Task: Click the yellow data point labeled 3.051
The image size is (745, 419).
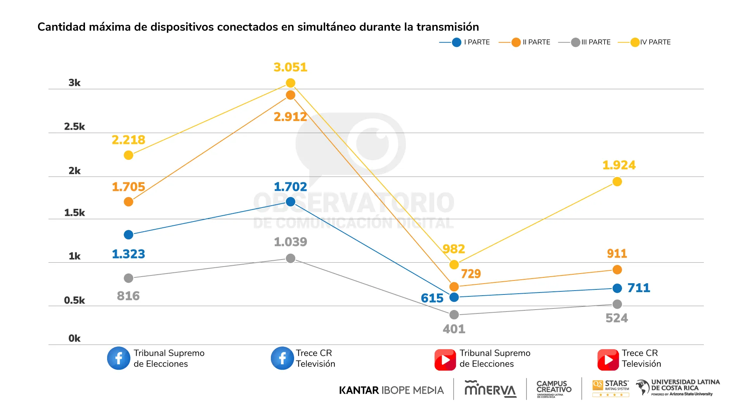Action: point(290,83)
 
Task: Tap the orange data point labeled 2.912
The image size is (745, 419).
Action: point(290,95)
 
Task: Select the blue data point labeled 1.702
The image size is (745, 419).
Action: point(290,202)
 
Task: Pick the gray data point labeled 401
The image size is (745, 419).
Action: point(454,315)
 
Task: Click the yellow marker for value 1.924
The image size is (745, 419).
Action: point(617,182)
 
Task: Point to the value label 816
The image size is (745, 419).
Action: point(128,296)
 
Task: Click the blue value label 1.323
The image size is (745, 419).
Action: point(128,254)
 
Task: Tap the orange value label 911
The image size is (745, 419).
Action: point(617,254)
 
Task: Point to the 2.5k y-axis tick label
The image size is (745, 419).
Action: point(74,126)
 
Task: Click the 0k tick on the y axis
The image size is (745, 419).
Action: point(74,338)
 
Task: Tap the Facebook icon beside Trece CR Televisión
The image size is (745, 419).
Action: point(282,358)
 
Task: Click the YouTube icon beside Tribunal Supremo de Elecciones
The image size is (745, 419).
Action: point(445,360)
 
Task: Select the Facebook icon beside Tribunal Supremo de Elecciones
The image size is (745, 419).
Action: point(118,358)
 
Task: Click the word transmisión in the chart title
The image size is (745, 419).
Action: point(447,27)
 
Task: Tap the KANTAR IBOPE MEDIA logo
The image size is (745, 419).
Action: point(391,390)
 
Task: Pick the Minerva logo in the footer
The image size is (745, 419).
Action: point(490,389)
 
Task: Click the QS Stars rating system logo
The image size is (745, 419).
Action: point(610,388)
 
